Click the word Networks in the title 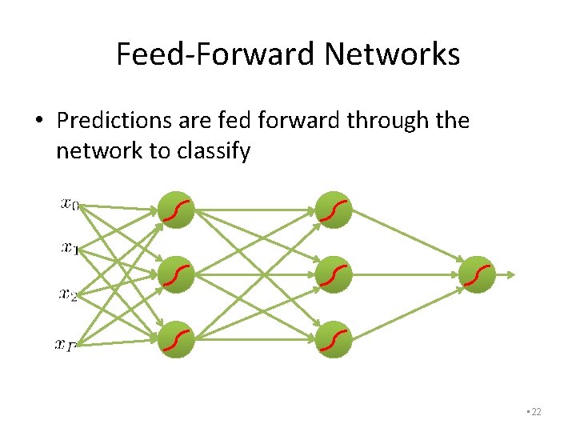392,54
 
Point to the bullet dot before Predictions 39,122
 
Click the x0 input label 70,204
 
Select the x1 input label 70,249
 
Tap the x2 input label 69,294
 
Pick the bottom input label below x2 66,345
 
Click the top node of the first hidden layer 177,210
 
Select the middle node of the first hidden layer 177,275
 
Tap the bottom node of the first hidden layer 177,339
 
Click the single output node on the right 478,275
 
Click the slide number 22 535,412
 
